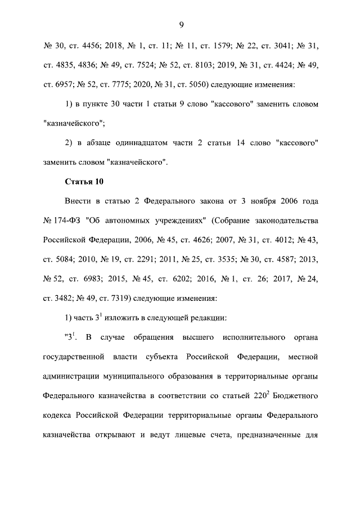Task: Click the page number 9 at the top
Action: pyautogui.click(x=181, y=24)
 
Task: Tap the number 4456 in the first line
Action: pyautogui.click(x=92, y=45)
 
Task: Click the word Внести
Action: pyautogui.click(x=79, y=201)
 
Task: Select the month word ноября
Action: pyautogui.click(x=253, y=201)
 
